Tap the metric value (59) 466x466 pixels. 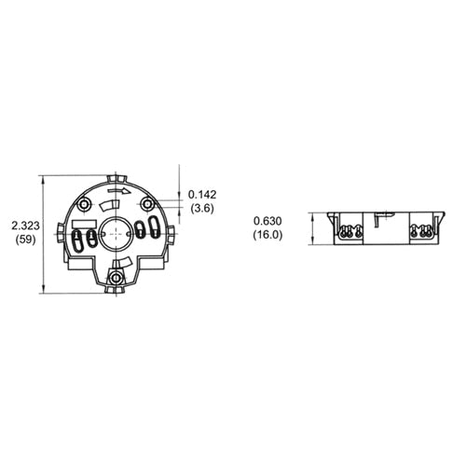[x=25, y=240]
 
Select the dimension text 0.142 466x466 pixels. [x=202, y=194]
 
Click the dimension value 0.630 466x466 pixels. [x=267, y=221]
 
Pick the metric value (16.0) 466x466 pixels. [x=267, y=235]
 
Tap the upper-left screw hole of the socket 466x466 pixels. [x=85, y=203]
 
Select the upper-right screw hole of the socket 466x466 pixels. [x=147, y=203]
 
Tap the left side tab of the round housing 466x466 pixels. [x=60, y=229]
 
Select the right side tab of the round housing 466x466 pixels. [x=172, y=229]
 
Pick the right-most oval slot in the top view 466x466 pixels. [x=154, y=230]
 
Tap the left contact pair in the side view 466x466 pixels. [x=349, y=231]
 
